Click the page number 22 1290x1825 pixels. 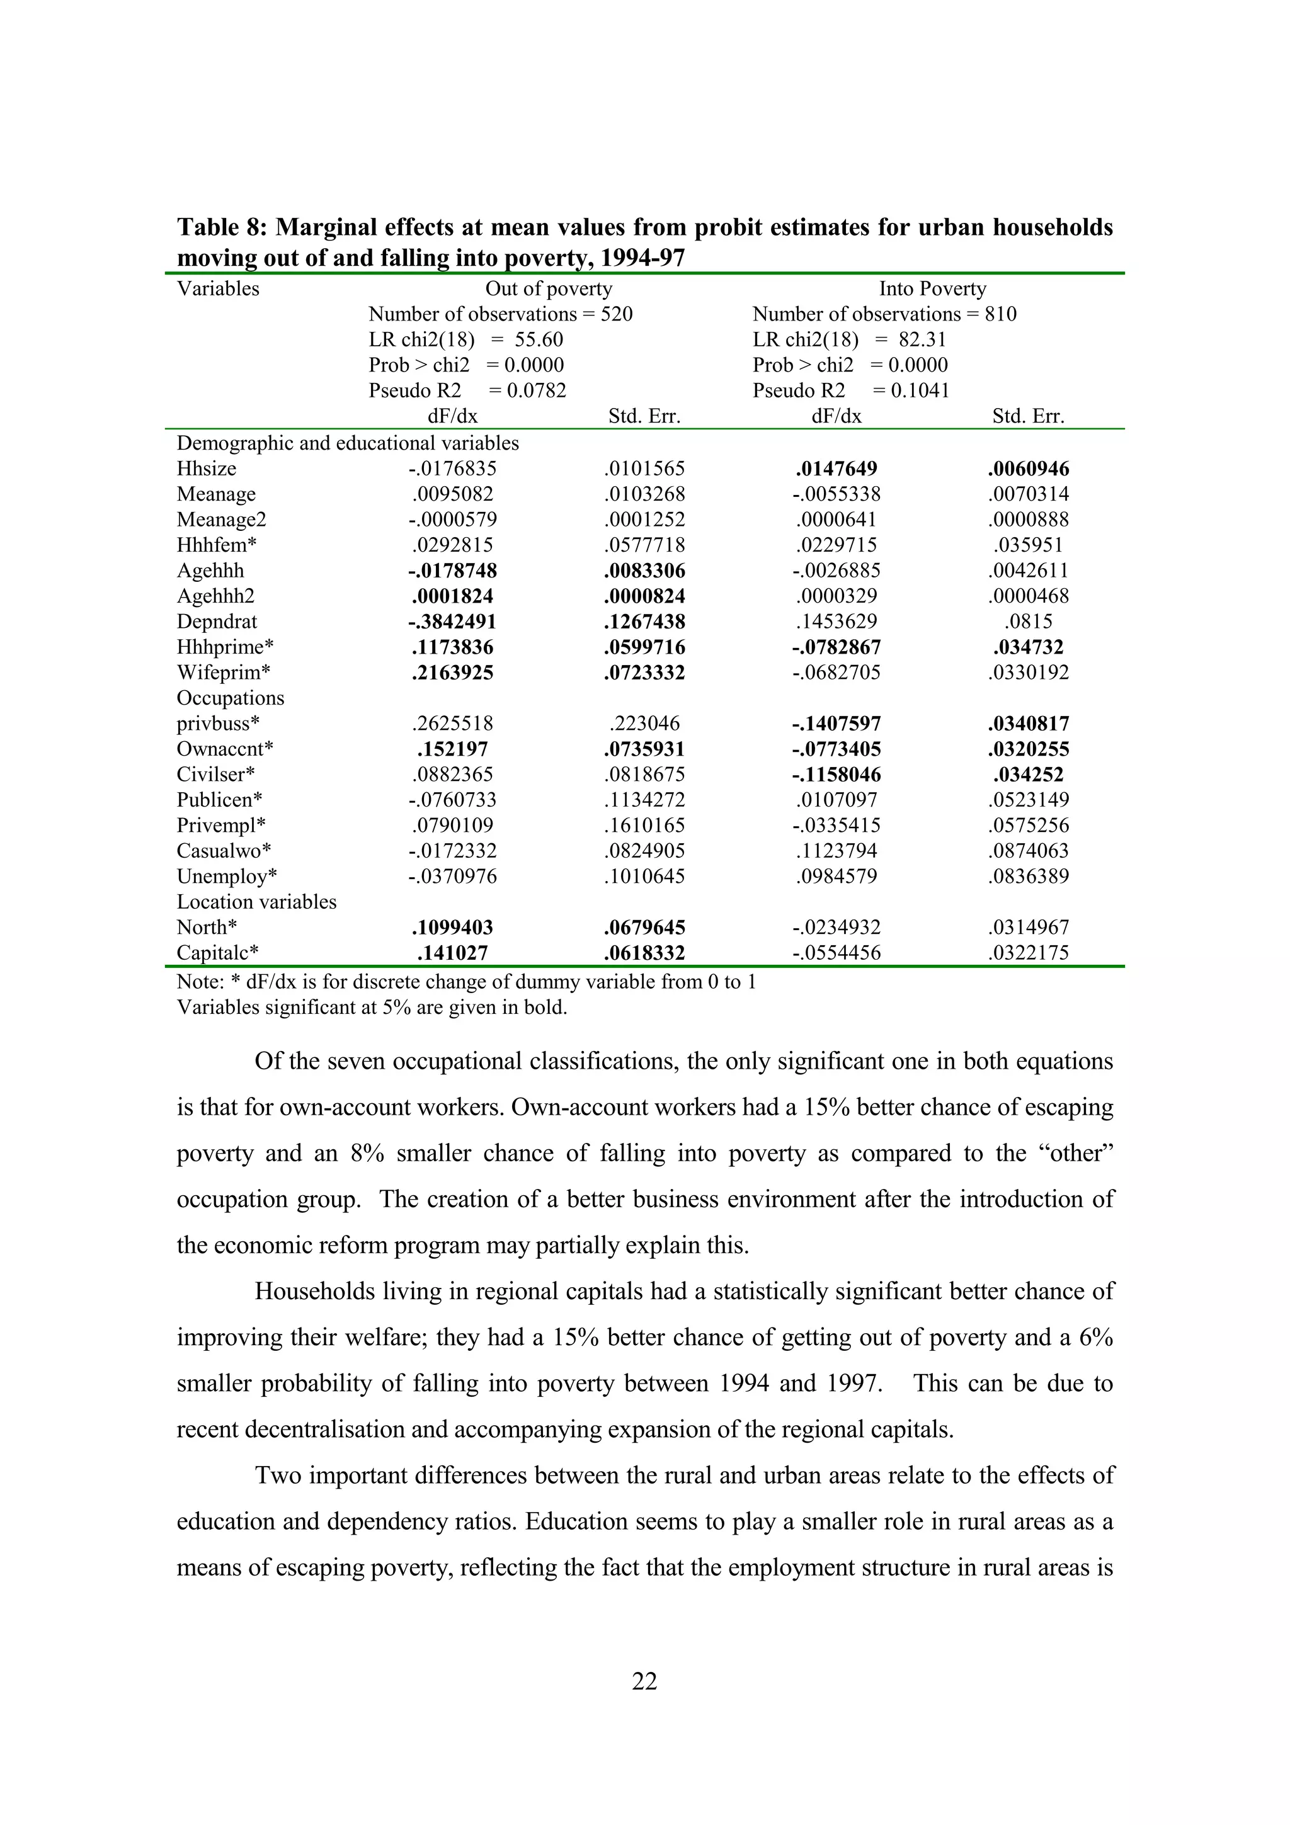644,1681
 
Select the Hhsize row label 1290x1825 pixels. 207,469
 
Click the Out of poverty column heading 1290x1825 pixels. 549,288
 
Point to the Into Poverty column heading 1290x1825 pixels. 932,288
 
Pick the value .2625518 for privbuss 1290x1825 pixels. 452,724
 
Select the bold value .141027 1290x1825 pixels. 452,953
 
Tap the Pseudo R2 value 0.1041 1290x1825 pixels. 920,390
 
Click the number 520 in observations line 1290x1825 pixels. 616,314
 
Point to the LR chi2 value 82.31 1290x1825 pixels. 922,339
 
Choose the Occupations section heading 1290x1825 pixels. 231,698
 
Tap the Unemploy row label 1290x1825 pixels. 227,877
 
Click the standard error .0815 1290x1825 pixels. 1029,622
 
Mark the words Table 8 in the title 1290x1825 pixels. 221,228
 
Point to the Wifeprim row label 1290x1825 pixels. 224,673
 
